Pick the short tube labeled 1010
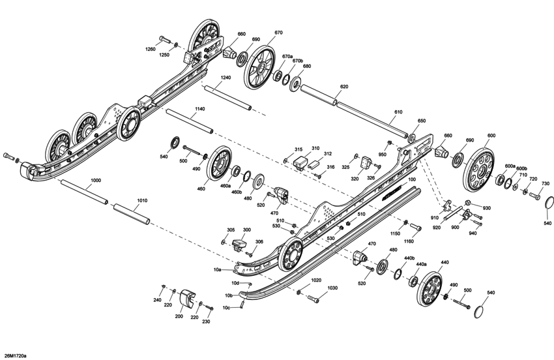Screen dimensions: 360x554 coord(133,215)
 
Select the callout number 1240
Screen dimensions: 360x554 coord(225,78)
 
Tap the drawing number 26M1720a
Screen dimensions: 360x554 coord(16,355)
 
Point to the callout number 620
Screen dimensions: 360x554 coord(343,86)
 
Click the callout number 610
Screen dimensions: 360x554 coord(398,112)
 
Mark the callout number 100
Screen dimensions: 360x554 coord(411,179)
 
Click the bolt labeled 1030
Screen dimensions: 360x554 coord(312,298)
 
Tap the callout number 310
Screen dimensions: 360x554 coord(315,148)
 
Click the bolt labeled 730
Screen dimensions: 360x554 coord(534,195)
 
